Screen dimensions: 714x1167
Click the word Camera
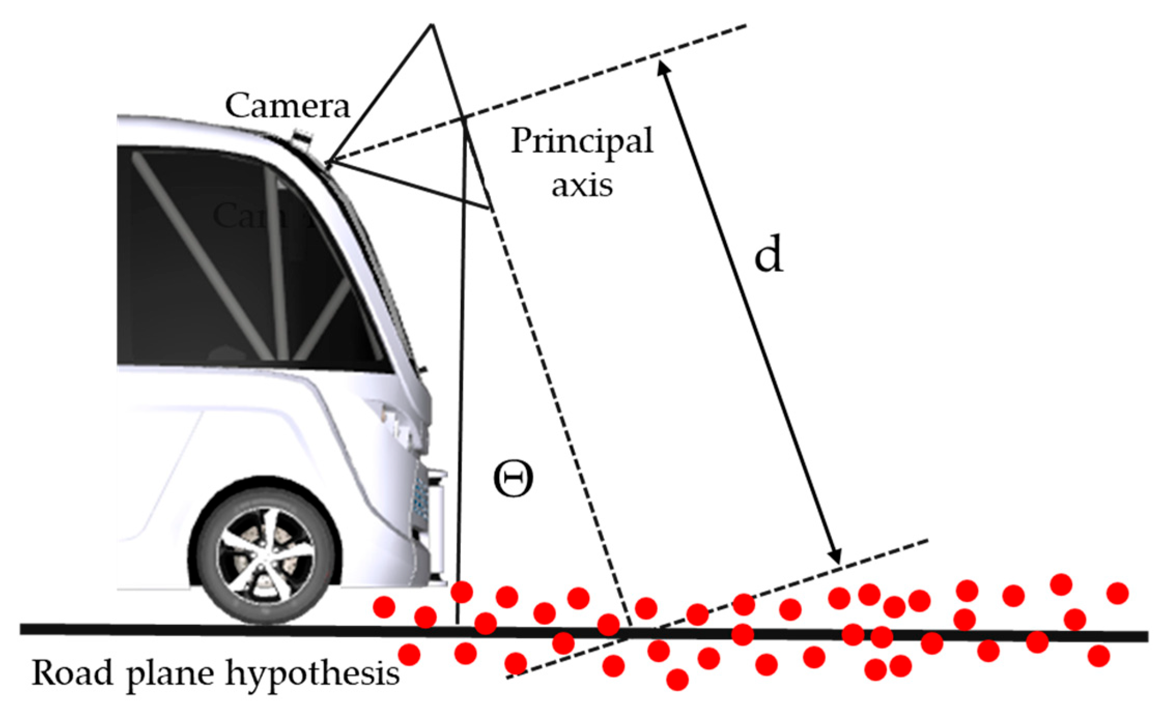288,106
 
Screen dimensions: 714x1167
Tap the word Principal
581,141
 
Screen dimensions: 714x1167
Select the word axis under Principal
581,185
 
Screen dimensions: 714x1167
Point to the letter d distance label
768,255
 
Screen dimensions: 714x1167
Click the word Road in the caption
72,673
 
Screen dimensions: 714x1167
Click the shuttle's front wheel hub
265,556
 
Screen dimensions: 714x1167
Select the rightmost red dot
1117,593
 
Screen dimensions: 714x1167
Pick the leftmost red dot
384,607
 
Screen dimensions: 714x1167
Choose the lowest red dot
677,679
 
